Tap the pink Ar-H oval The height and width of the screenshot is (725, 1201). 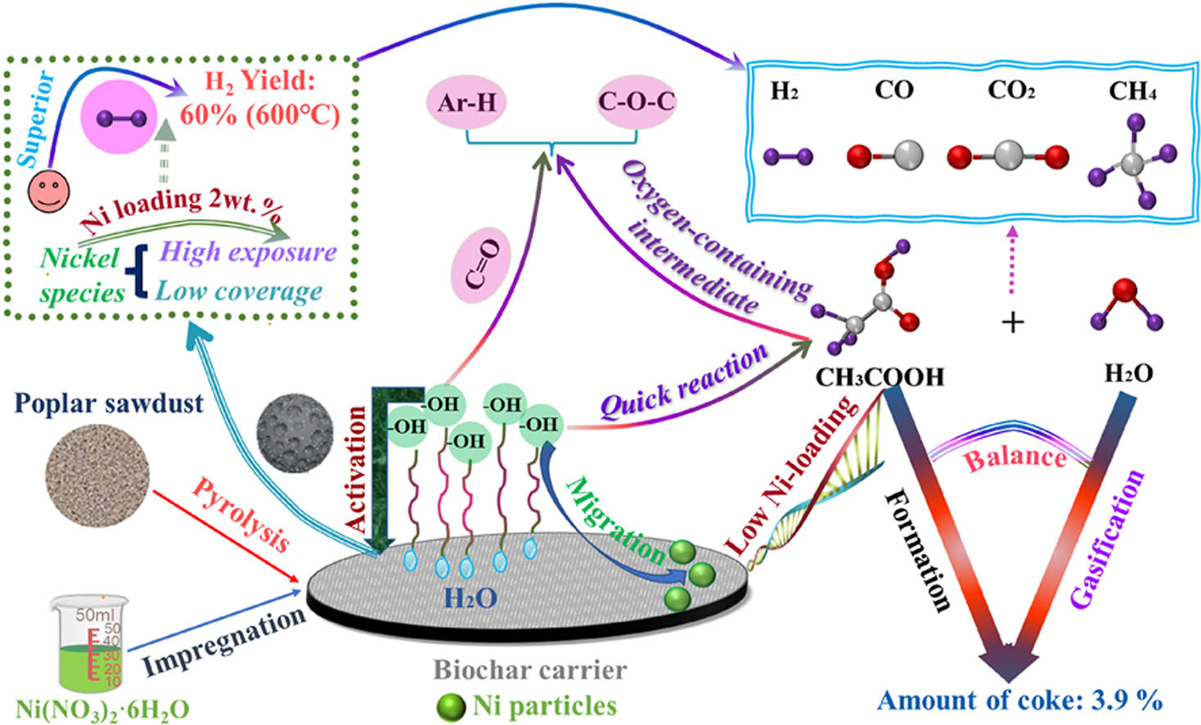[x=466, y=102]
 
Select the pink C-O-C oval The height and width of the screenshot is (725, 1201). [x=636, y=101]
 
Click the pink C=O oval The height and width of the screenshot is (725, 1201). [x=481, y=263]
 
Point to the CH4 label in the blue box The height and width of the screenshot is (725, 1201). [x=1132, y=90]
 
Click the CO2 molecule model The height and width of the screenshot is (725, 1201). [x=1008, y=155]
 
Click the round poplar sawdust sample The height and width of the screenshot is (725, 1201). [x=97, y=475]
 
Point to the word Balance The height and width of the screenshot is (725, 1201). [x=1015, y=458]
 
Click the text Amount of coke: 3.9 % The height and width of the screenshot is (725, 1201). [x=1019, y=700]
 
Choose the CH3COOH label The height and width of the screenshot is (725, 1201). [x=879, y=377]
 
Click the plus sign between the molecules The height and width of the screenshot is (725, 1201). [x=1013, y=322]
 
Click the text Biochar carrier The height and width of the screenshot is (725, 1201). [x=529, y=670]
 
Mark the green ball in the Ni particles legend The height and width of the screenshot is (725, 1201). [x=451, y=708]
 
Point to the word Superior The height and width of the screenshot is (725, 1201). [x=37, y=119]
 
